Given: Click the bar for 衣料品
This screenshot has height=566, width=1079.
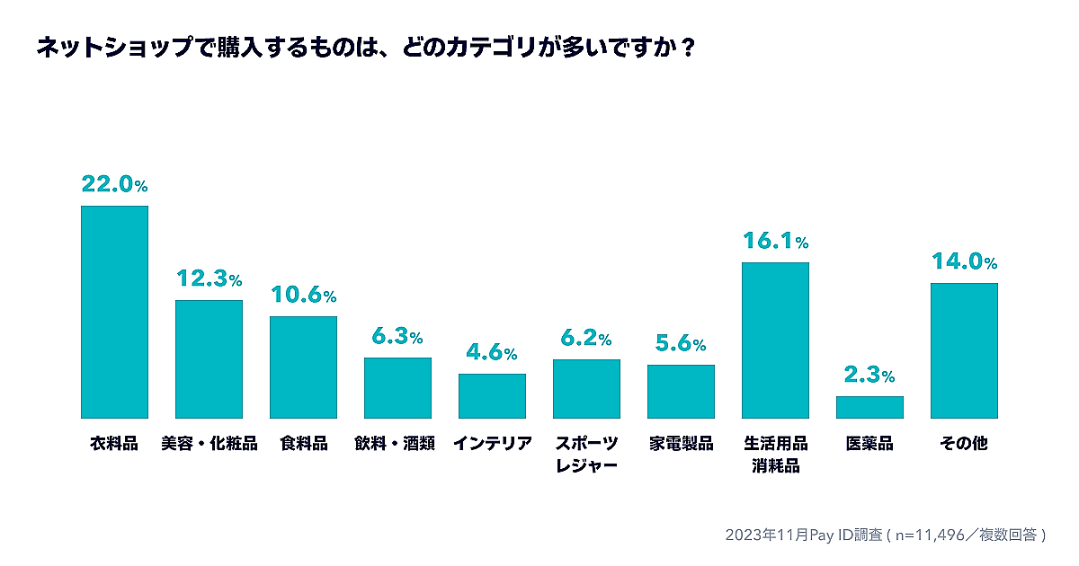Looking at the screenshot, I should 114,312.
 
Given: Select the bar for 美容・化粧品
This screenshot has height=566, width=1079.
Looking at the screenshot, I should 209,359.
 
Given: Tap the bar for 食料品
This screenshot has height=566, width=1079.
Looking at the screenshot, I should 303,367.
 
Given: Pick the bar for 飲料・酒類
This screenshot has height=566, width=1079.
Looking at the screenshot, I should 397,388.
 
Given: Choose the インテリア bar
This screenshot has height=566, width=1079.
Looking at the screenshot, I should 492,396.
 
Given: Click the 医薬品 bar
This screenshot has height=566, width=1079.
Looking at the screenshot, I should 869,407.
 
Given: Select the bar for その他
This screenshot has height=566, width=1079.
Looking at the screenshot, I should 964,350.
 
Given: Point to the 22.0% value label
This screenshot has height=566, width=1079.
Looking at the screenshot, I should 114,184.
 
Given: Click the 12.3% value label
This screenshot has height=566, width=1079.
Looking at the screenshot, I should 209,279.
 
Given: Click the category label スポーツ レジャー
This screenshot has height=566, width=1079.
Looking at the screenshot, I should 586,455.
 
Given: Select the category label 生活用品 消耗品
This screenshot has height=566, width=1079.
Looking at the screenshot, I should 775,455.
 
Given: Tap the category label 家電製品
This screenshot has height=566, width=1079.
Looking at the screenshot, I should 681,444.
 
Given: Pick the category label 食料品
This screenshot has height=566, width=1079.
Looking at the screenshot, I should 303,444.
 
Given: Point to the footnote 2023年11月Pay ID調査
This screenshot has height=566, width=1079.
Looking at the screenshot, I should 886,535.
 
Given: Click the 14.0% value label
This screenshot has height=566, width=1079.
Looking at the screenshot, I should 964,262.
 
